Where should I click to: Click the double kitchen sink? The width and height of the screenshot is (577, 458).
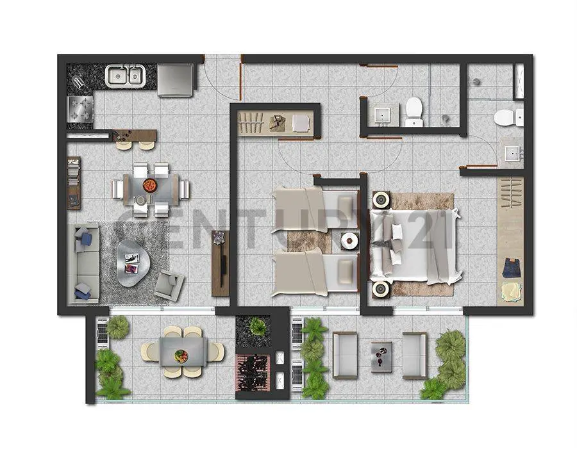pyautogui.click(x=125, y=76)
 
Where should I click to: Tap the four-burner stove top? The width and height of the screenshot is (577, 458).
pyautogui.click(x=80, y=108)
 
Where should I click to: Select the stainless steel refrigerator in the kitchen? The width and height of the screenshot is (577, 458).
pyautogui.click(x=176, y=80)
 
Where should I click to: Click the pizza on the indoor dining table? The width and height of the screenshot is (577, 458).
pyautogui.click(x=149, y=184)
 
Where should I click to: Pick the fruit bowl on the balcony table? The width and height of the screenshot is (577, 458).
pyautogui.click(x=181, y=356)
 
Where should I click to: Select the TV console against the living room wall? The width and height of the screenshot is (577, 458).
pyautogui.click(x=220, y=263)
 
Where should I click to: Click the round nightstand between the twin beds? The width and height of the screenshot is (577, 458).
pyautogui.click(x=349, y=241)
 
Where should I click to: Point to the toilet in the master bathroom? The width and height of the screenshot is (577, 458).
pyautogui.click(x=509, y=117)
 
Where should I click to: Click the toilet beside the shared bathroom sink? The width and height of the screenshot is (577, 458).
pyautogui.click(x=414, y=111)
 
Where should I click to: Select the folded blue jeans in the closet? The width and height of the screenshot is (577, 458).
pyautogui.click(x=511, y=268)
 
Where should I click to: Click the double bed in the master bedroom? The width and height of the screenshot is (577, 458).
pyautogui.click(x=415, y=245)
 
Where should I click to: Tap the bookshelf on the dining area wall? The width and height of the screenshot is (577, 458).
pyautogui.click(x=74, y=183)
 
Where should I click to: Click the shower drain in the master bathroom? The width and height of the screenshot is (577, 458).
pyautogui.click(x=476, y=81)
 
